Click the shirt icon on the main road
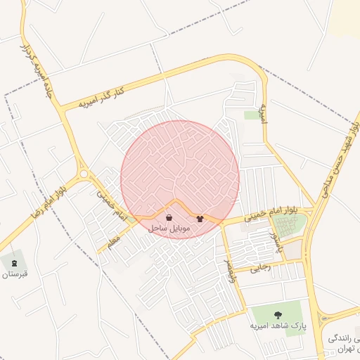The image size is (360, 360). point(200,218)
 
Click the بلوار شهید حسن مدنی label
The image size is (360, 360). point(340,159)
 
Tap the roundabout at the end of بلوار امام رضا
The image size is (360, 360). point(84,174)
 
